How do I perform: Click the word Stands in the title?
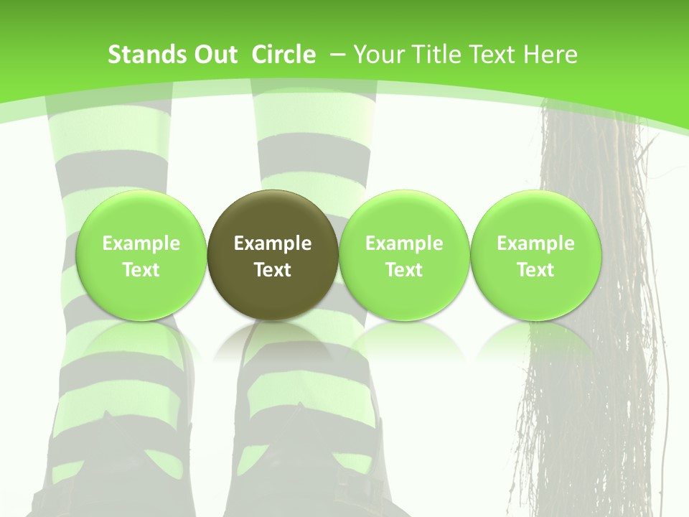146,55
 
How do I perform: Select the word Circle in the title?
283,55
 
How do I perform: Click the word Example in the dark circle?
273,243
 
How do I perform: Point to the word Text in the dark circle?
273,270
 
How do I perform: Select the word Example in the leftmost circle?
141,243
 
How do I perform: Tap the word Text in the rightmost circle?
535,270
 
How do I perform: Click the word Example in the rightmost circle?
535,243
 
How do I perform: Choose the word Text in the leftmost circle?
141,270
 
